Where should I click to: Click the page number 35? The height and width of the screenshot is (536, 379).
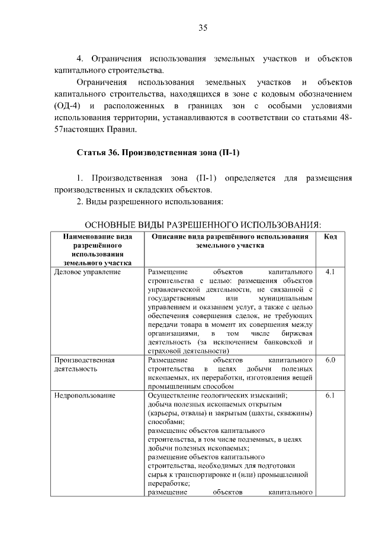[x=203, y=28]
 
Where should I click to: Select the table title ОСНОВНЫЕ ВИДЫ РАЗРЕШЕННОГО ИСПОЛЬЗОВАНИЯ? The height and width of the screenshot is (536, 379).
[x=203, y=225]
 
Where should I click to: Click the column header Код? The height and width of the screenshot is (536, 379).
[x=330, y=236]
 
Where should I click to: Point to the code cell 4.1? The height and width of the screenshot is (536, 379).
[x=330, y=272]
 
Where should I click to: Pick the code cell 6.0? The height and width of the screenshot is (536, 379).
[x=330, y=360]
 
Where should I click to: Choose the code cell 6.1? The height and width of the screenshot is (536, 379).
[x=330, y=395]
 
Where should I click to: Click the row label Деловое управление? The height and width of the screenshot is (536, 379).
[x=87, y=272]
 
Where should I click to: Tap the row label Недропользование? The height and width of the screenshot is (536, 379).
[x=84, y=395]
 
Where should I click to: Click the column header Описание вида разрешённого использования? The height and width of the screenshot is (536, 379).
[x=230, y=240]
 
